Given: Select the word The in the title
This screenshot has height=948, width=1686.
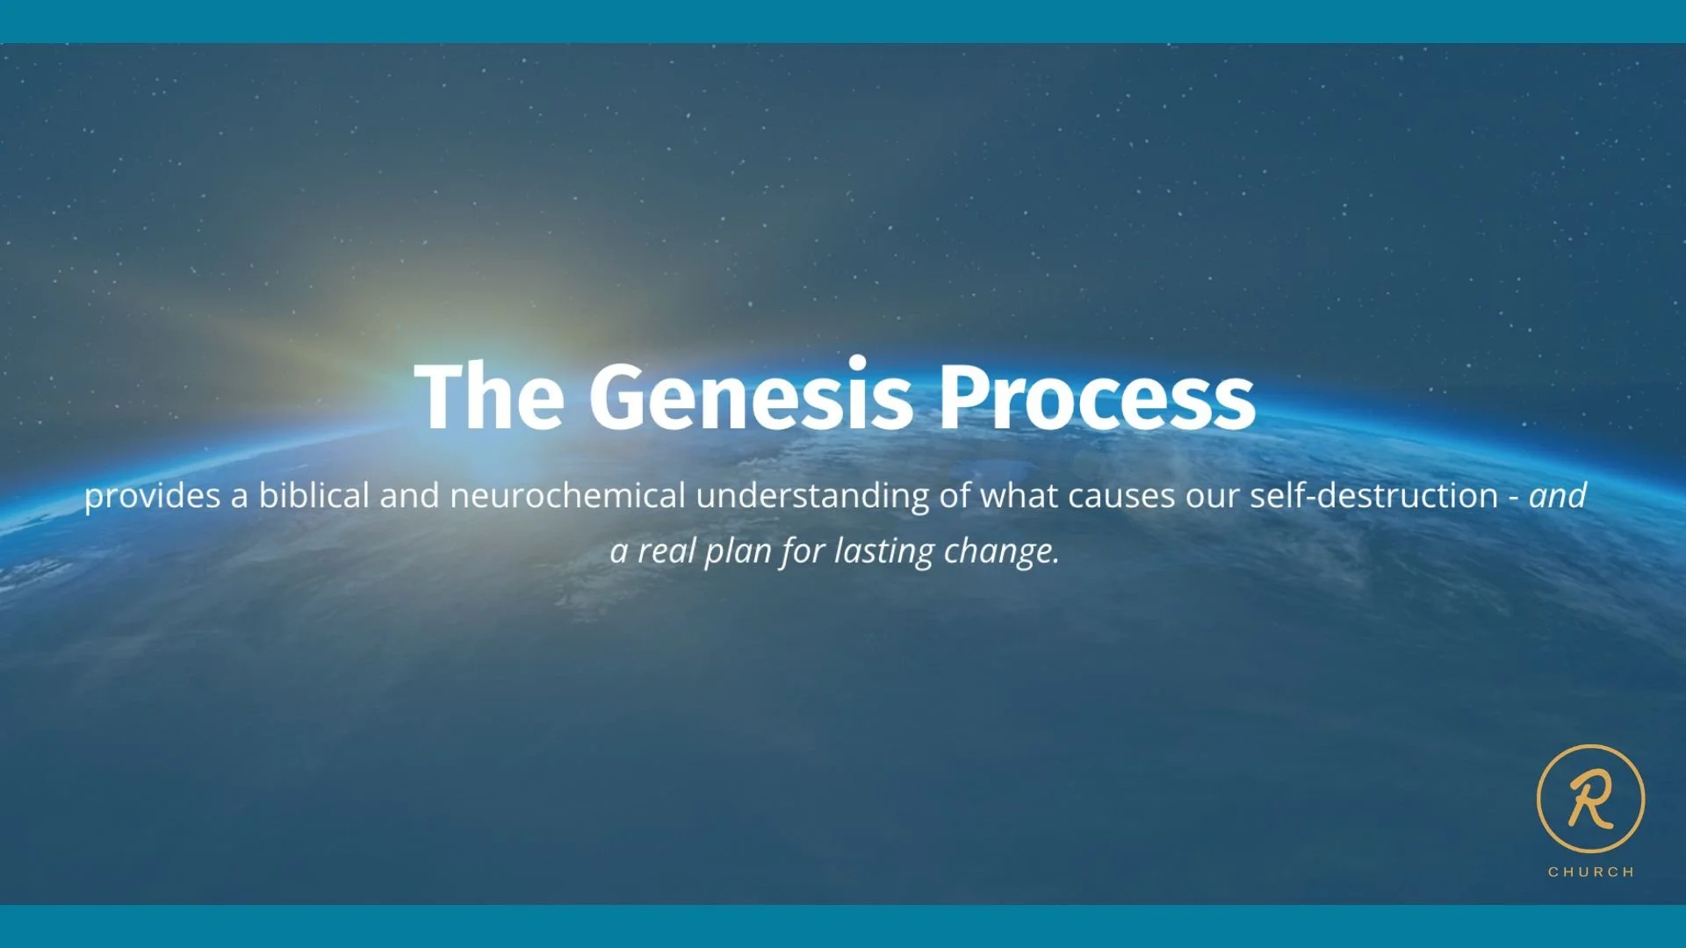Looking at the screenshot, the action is point(489,394).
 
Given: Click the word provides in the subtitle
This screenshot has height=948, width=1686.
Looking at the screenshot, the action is point(153,497).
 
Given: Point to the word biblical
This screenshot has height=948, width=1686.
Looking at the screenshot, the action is point(314,495).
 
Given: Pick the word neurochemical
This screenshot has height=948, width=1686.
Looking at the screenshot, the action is point(567,495).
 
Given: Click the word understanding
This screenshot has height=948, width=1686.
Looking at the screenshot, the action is point(813,497).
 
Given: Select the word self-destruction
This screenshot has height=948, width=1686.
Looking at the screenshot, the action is point(1374,495).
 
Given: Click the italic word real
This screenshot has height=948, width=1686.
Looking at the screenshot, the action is point(666,551).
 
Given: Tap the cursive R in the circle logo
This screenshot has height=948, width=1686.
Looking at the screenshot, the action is point(1590,797).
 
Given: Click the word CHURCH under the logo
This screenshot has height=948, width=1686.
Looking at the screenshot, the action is point(1590,872).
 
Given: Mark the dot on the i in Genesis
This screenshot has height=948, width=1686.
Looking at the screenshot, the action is point(858,363).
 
